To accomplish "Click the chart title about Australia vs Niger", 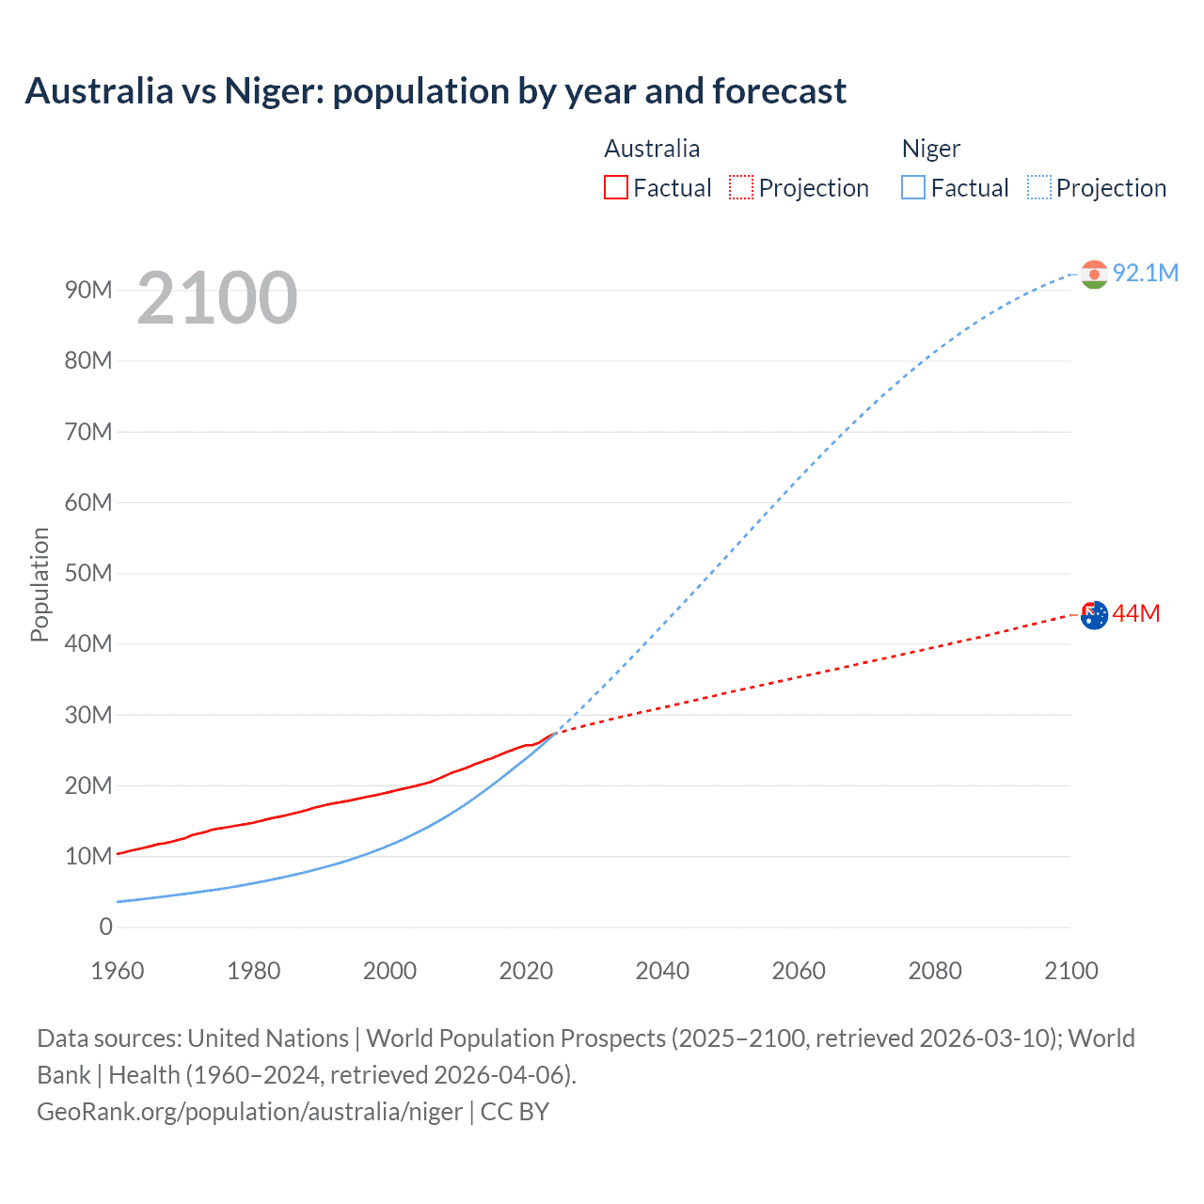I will coord(436,91).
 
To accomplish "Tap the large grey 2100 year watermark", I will coord(217,298).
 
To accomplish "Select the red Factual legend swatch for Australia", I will coord(615,187).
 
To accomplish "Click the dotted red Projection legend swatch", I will coord(741,187).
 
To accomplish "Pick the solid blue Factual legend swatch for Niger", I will coord(912,187).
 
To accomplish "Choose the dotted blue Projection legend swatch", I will coord(1038,187).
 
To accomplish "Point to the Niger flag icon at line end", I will coord(1094,274).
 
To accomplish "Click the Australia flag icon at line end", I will coord(1094,615).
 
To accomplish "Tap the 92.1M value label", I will coord(1145,273).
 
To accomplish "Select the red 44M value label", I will coord(1135,614).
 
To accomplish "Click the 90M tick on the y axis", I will coord(88,290).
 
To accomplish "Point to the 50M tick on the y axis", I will coord(88,573).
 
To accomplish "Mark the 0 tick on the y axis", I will coord(105,927).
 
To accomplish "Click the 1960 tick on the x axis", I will coord(118,971).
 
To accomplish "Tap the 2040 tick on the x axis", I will coord(662,971).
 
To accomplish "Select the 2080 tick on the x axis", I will coord(935,971).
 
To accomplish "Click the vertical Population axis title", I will coord(40,584).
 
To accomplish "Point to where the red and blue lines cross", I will coord(556,732).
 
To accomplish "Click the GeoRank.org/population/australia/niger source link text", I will coord(249,1112).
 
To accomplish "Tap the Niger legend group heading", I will coord(930,149).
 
